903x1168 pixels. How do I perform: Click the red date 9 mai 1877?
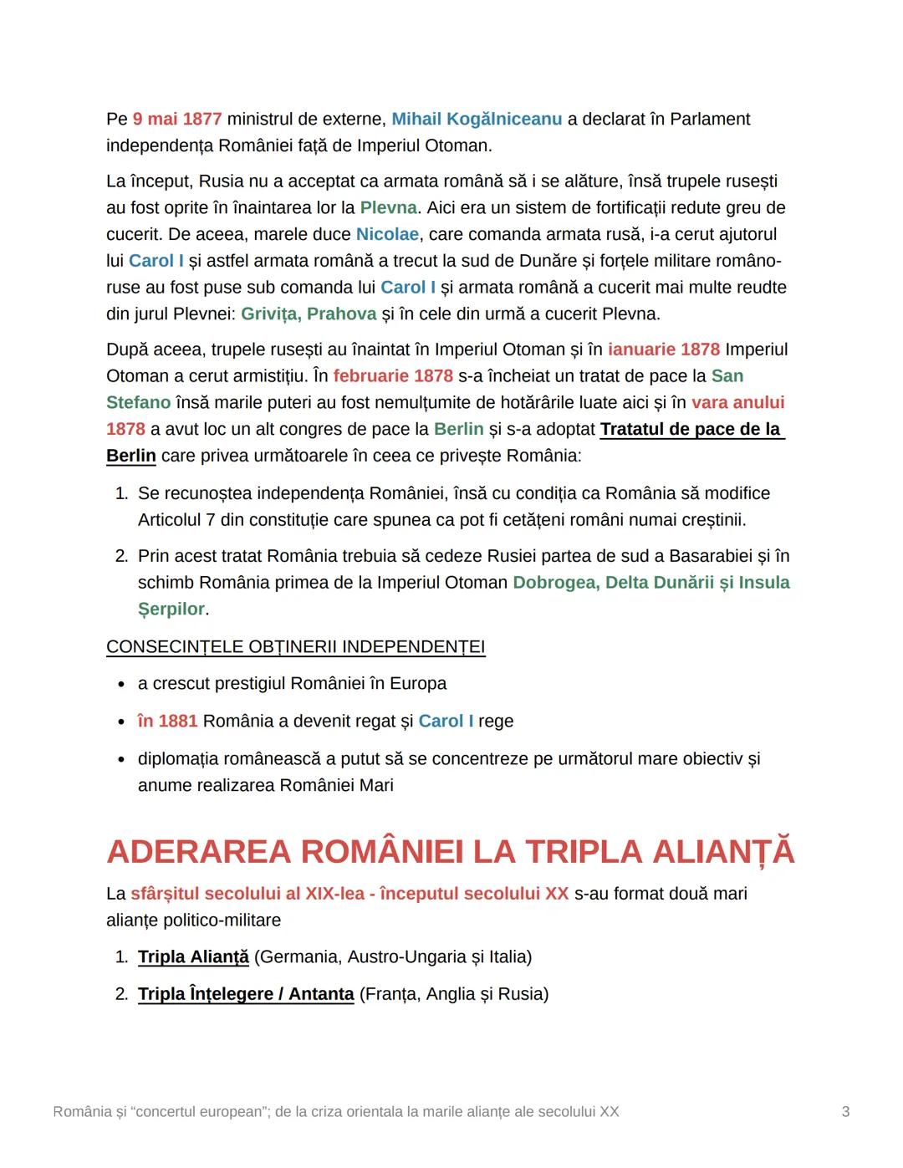(176, 119)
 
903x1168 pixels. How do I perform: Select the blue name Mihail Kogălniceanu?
(477, 119)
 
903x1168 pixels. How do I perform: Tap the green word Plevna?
(388, 207)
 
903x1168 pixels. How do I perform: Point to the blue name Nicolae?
(387, 234)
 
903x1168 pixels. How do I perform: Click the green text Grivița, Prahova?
(309, 314)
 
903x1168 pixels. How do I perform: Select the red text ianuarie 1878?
(664, 349)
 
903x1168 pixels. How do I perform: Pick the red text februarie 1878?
(393, 375)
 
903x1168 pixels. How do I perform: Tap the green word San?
(727, 375)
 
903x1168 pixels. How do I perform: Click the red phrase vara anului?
(737, 402)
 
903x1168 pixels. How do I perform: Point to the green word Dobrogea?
(554, 582)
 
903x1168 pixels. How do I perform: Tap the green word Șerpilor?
(171, 609)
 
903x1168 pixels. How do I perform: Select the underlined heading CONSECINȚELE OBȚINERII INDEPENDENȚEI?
(295, 646)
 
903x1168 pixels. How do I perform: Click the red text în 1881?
(167, 721)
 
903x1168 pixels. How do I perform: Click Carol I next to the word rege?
(446, 721)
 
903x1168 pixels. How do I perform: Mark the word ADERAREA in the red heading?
(198, 851)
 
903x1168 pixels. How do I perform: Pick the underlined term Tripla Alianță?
(193, 956)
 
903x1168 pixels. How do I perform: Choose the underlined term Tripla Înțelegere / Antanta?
(246, 993)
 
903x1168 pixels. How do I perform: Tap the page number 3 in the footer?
(845, 1111)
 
